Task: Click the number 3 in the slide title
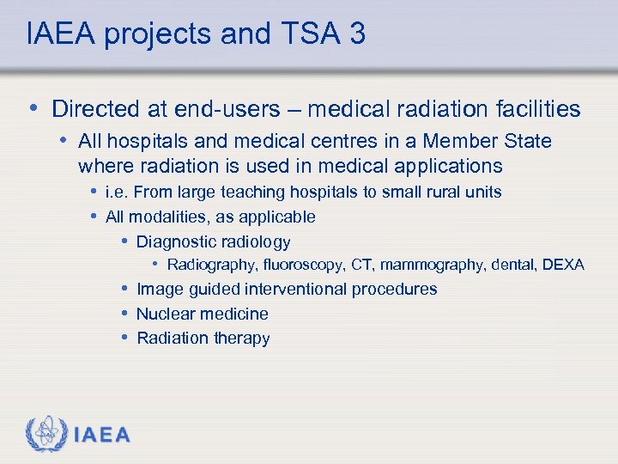[x=356, y=34]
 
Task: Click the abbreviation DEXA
[x=563, y=265]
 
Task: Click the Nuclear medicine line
[x=202, y=314]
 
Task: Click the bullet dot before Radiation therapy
[x=124, y=337]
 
